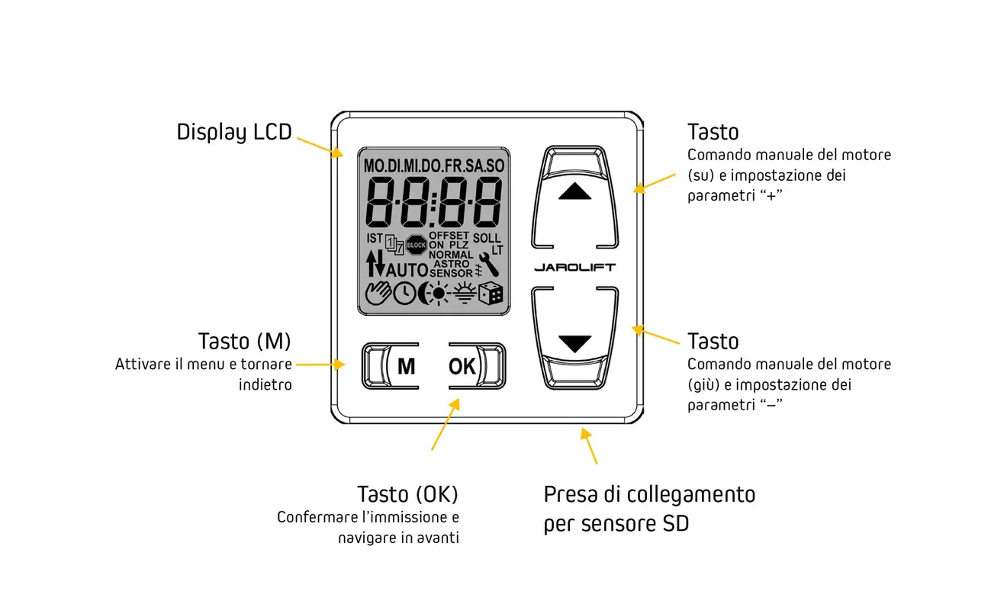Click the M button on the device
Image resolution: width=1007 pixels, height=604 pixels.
[x=391, y=366]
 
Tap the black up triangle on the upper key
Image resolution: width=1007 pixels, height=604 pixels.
[x=575, y=191]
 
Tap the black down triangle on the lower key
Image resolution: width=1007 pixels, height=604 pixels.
[x=575, y=344]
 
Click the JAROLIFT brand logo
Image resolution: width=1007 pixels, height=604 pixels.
[x=575, y=268]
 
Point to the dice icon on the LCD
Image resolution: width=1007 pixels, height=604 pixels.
[x=491, y=294]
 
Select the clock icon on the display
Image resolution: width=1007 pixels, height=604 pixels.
[x=404, y=294]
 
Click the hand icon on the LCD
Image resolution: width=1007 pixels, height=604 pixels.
[x=378, y=294]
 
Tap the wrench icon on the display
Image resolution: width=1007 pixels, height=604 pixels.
[x=489, y=264]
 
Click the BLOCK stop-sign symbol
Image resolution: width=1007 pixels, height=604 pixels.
[x=416, y=246]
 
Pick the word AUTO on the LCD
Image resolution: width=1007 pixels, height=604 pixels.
[x=407, y=270]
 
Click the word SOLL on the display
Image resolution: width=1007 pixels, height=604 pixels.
[x=487, y=238]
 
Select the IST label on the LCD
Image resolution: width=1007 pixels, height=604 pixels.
[x=375, y=238]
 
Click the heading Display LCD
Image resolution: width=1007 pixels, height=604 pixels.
[x=234, y=133]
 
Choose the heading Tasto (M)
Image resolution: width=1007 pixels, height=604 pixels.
[x=245, y=341]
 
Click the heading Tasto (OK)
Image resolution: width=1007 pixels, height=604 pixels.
[x=407, y=494]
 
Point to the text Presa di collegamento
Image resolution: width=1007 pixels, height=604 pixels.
[x=650, y=494]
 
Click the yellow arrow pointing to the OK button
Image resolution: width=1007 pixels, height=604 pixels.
[x=446, y=424]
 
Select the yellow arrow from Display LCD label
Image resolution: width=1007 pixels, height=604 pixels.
[x=320, y=147]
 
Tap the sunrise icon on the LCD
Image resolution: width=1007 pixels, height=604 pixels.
[x=465, y=293]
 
